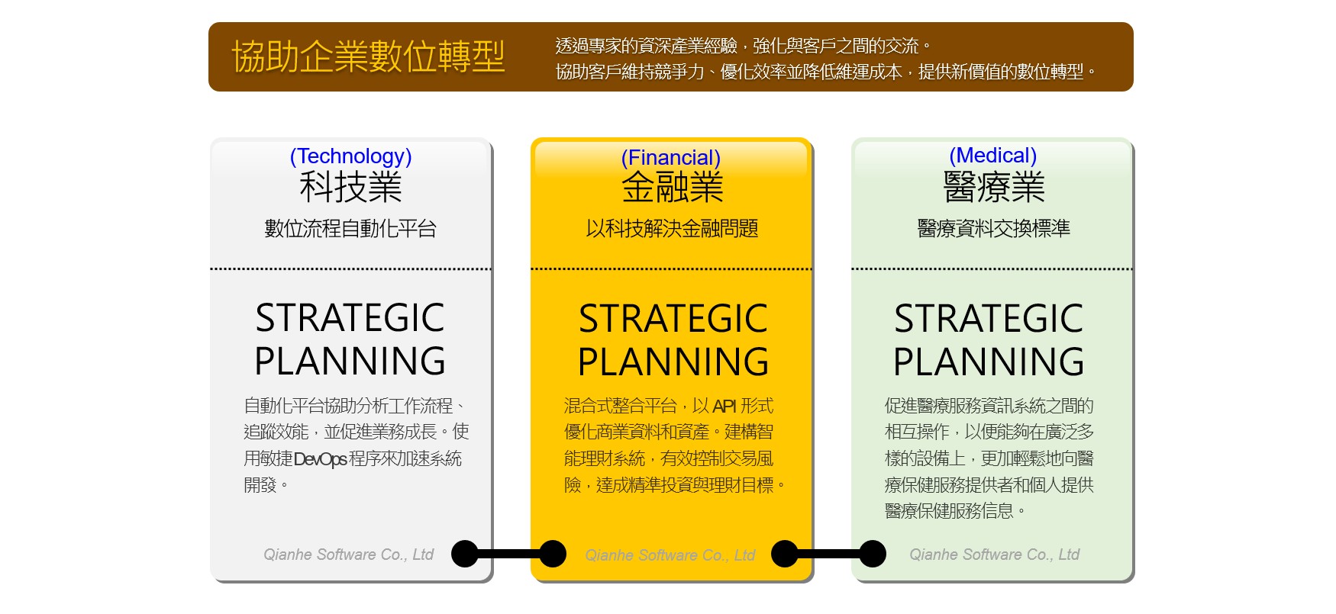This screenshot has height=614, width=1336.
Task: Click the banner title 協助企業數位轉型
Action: coord(368,56)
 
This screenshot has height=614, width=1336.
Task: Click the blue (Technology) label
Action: coord(350,156)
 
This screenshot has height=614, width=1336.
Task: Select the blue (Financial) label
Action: coord(670,158)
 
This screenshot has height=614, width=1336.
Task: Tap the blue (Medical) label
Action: coord(992,156)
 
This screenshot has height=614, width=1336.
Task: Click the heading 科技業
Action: coord(350,188)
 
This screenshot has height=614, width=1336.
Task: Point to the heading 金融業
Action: coord(672,188)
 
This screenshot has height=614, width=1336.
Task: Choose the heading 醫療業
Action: coord(993,188)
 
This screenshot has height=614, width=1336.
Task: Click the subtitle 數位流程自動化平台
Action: coord(350,228)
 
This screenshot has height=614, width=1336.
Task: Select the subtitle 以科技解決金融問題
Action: coord(672,228)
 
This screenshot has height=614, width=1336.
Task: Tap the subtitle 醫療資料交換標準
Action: coord(993,228)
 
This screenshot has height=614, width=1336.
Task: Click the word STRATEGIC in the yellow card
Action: coord(673,319)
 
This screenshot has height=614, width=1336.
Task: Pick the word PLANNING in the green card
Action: coord(989,362)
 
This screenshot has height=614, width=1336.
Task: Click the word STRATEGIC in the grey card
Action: coord(350,318)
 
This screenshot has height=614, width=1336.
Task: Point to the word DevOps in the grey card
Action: coord(321,459)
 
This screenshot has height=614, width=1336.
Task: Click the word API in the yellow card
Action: coord(724,406)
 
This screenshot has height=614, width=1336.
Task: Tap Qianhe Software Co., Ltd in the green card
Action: coord(994,555)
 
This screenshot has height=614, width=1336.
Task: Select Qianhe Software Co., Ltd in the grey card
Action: coord(348,555)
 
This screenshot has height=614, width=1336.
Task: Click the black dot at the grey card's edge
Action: coord(465,554)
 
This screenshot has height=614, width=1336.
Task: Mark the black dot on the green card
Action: coord(873,554)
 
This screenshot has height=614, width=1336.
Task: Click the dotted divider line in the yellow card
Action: coord(671,268)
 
